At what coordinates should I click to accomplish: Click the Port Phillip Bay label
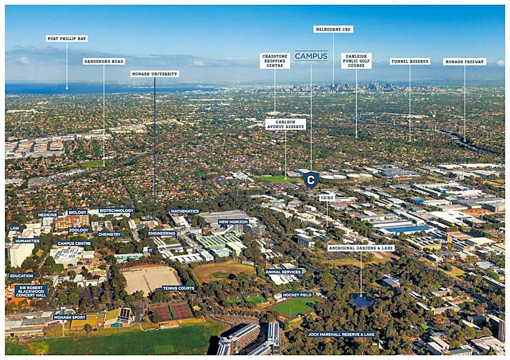click(67, 38)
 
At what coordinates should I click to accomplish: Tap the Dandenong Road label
click(104, 61)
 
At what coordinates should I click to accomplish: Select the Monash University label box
click(155, 74)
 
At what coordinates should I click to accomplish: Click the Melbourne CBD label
click(333, 29)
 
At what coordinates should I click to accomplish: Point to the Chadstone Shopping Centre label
click(275, 61)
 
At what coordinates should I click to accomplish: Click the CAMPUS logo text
click(311, 56)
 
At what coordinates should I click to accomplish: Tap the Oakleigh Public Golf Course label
click(356, 61)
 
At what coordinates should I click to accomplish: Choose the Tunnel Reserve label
click(410, 61)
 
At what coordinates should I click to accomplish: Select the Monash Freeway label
click(464, 61)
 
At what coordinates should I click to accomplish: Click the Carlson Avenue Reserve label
click(285, 124)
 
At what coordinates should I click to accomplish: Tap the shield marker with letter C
click(311, 179)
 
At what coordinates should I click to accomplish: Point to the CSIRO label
click(327, 197)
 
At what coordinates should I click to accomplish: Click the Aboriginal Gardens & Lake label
click(361, 248)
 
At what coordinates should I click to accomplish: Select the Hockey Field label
click(297, 295)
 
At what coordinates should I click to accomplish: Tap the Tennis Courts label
click(178, 288)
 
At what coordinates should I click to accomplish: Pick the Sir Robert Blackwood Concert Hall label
click(31, 292)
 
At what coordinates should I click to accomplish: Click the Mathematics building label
click(185, 211)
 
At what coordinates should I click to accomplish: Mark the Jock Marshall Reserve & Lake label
click(341, 334)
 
